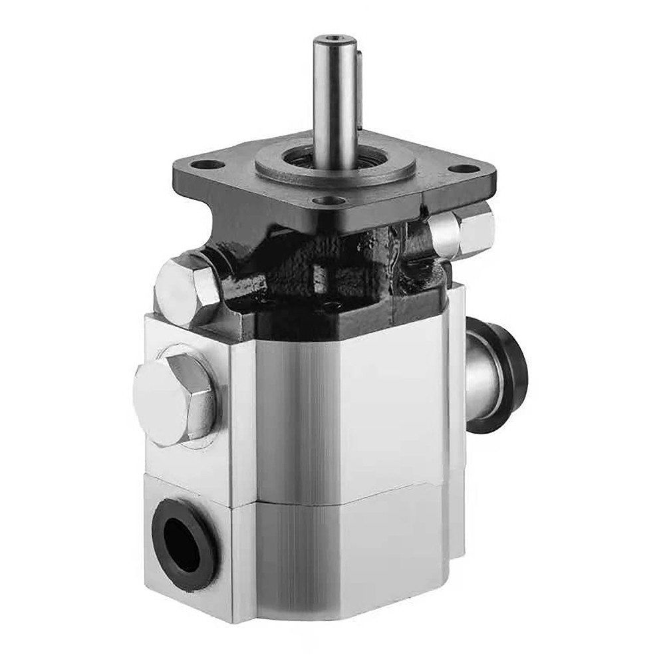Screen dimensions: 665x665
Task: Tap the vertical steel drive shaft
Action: coord(334,100)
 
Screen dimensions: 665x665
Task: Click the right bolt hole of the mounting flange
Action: coord(466,168)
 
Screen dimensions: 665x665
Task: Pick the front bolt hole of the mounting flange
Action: coord(329,199)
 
